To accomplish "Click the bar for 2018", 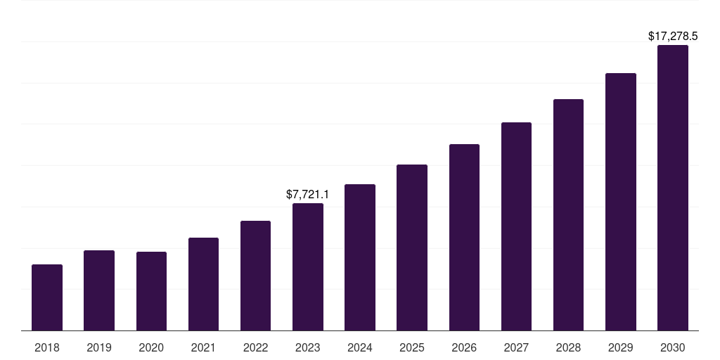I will [x=47, y=297].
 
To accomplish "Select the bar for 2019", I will [x=99, y=290].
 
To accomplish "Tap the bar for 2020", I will [x=151, y=291].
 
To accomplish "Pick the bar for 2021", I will [x=203, y=284].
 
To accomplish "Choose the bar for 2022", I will [x=255, y=276].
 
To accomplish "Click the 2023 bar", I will [x=308, y=267].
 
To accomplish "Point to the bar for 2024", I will [x=360, y=257].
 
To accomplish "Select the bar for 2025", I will [x=412, y=247].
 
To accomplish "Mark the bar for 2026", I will [x=464, y=238].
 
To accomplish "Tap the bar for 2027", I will [x=516, y=226].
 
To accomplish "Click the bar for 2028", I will [x=568, y=215].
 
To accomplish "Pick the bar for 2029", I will [x=621, y=202].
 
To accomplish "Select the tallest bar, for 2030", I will [x=673, y=188].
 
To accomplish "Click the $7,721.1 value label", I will [x=307, y=194].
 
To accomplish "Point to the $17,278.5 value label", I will [x=672, y=36].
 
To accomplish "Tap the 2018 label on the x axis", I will [x=47, y=347].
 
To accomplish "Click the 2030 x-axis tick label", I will [x=673, y=347].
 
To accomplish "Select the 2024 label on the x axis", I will [x=360, y=347].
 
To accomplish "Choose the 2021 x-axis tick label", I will [x=203, y=347].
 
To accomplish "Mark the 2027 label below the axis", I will [x=516, y=347].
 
